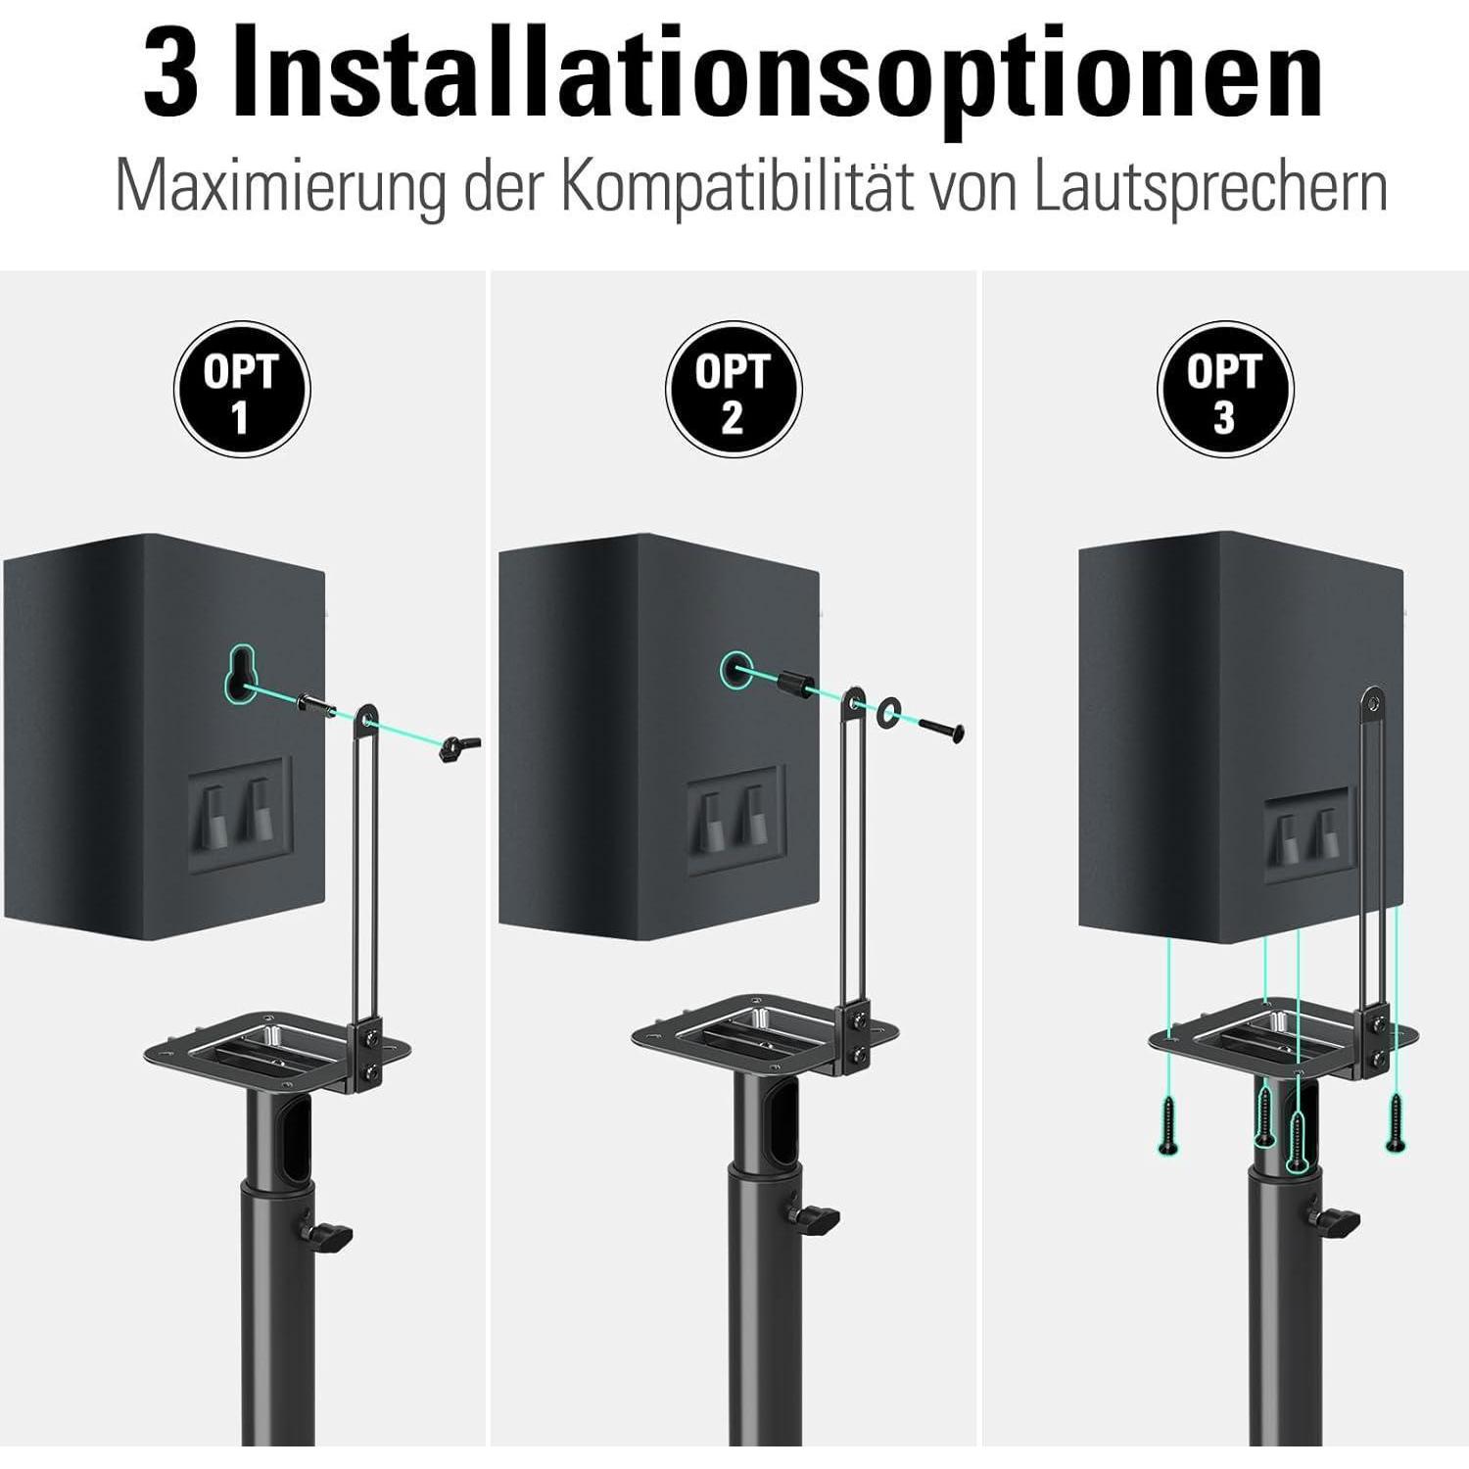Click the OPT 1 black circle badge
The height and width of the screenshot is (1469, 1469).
pyautogui.click(x=242, y=390)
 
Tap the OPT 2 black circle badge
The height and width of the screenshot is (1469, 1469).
pyautogui.click(x=734, y=390)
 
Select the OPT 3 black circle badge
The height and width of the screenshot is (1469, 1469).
pyautogui.click(x=1225, y=390)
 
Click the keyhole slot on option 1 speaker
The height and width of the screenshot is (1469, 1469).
pyautogui.click(x=238, y=674)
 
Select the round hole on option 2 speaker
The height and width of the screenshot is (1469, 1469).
pyautogui.click(x=735, y=670)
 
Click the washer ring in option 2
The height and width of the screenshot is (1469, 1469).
pyautogui.click(x=890, y=712)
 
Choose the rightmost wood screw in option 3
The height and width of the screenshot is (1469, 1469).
pyautogui.click(x=1396, y=1122)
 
